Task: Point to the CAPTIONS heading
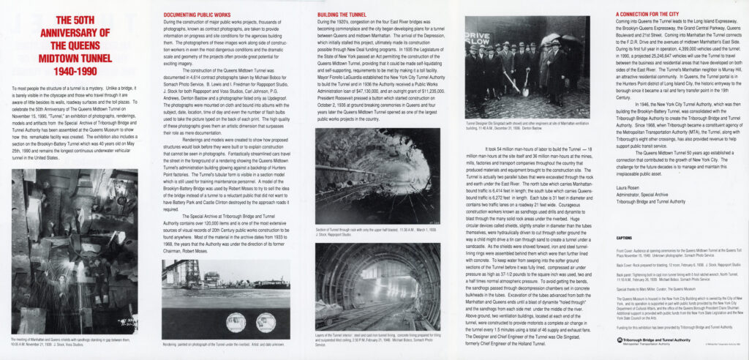click(x=625, y=239)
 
